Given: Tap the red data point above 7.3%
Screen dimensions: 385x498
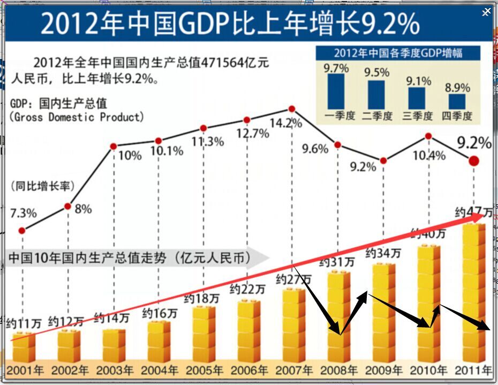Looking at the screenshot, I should point(21,231).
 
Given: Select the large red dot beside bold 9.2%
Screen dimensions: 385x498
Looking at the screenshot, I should point(473,161).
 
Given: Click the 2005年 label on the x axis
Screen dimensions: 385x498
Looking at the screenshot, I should point(204,370).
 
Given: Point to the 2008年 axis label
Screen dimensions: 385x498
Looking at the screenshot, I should point(339,370).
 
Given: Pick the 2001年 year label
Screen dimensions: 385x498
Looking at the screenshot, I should point(25,370).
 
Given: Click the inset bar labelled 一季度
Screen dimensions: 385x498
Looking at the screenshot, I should point(336,91).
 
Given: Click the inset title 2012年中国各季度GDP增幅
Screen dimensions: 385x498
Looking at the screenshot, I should point(398,53).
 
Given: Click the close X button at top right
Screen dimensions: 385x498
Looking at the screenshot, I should point(486,12).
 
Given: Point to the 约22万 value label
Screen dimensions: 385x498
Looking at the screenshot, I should point(247,289).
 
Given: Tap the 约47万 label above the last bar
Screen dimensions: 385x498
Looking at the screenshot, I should point(473,212).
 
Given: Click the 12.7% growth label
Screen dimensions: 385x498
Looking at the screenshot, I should point(252,134).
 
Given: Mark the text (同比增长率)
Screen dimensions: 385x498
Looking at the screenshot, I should point(42,186).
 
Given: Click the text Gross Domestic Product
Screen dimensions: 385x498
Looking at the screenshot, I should point(77,117).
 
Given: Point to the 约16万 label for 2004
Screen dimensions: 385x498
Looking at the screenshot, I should point(160,313).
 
